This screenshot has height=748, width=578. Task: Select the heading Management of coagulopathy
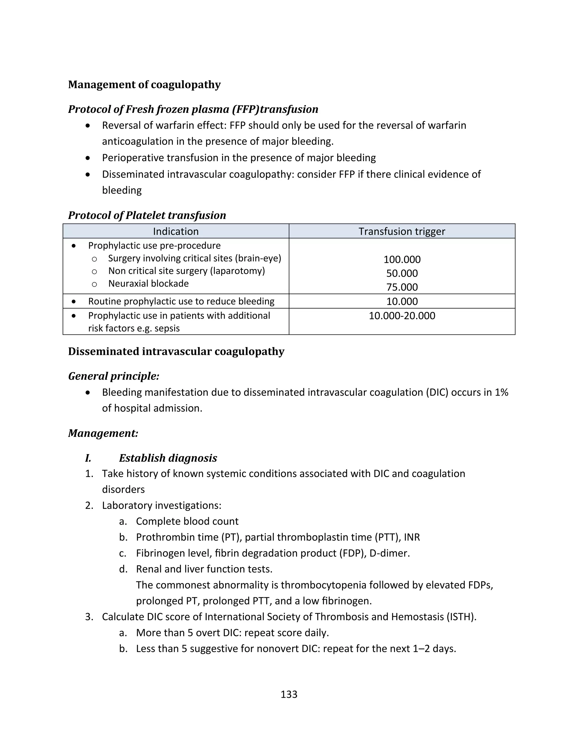click(144, 85)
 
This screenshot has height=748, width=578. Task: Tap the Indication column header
click(176, 231)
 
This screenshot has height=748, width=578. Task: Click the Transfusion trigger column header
click(402, 231)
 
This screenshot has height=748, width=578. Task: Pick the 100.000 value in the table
click(402, 259)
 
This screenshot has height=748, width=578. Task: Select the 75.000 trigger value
click(402, 287)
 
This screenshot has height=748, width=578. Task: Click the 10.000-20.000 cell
click(402, 316)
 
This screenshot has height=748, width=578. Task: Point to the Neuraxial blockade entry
click(148, 284)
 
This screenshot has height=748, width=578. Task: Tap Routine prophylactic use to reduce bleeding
click(181, 301)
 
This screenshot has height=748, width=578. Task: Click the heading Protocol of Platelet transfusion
click(147, 215)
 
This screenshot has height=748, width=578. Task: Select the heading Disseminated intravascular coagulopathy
click(176, 352)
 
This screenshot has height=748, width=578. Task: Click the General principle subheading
click(114, 376)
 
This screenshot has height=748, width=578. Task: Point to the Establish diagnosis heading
click(168, 458)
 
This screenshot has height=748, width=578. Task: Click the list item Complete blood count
click(187, 521)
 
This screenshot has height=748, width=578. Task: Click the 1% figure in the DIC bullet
click(501, 393)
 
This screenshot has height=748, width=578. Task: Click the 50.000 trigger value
click(402, 273)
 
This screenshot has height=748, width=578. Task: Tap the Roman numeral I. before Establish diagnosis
click(88, 458)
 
